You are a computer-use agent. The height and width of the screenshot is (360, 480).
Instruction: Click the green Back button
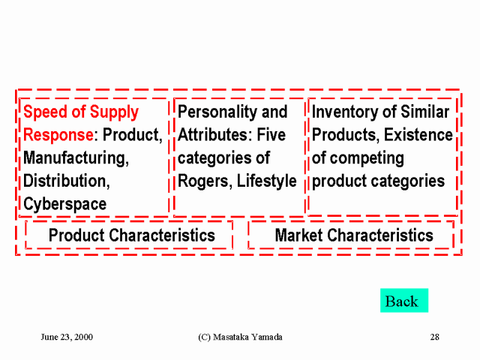coord(404,300)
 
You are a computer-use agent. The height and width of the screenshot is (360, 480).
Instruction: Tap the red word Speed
coord(45,112)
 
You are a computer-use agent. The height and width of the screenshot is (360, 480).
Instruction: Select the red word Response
coord(58,135)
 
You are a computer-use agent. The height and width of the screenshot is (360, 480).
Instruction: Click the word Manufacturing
coord(76,158)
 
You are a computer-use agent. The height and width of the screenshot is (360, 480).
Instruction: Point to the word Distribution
coord(67,181)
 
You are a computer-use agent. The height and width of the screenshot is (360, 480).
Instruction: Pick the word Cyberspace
coord(65,204)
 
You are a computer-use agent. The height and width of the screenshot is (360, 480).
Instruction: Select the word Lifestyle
coord(267,181)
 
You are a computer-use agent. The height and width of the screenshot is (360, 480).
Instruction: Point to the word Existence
coord(418,135)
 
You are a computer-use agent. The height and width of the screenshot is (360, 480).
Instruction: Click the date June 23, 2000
coord(67,337)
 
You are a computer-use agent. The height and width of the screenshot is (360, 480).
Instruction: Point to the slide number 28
coord(435,337)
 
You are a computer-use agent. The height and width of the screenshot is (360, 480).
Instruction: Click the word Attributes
coord(214,135)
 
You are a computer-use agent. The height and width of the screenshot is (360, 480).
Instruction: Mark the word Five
coord(271,135)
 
